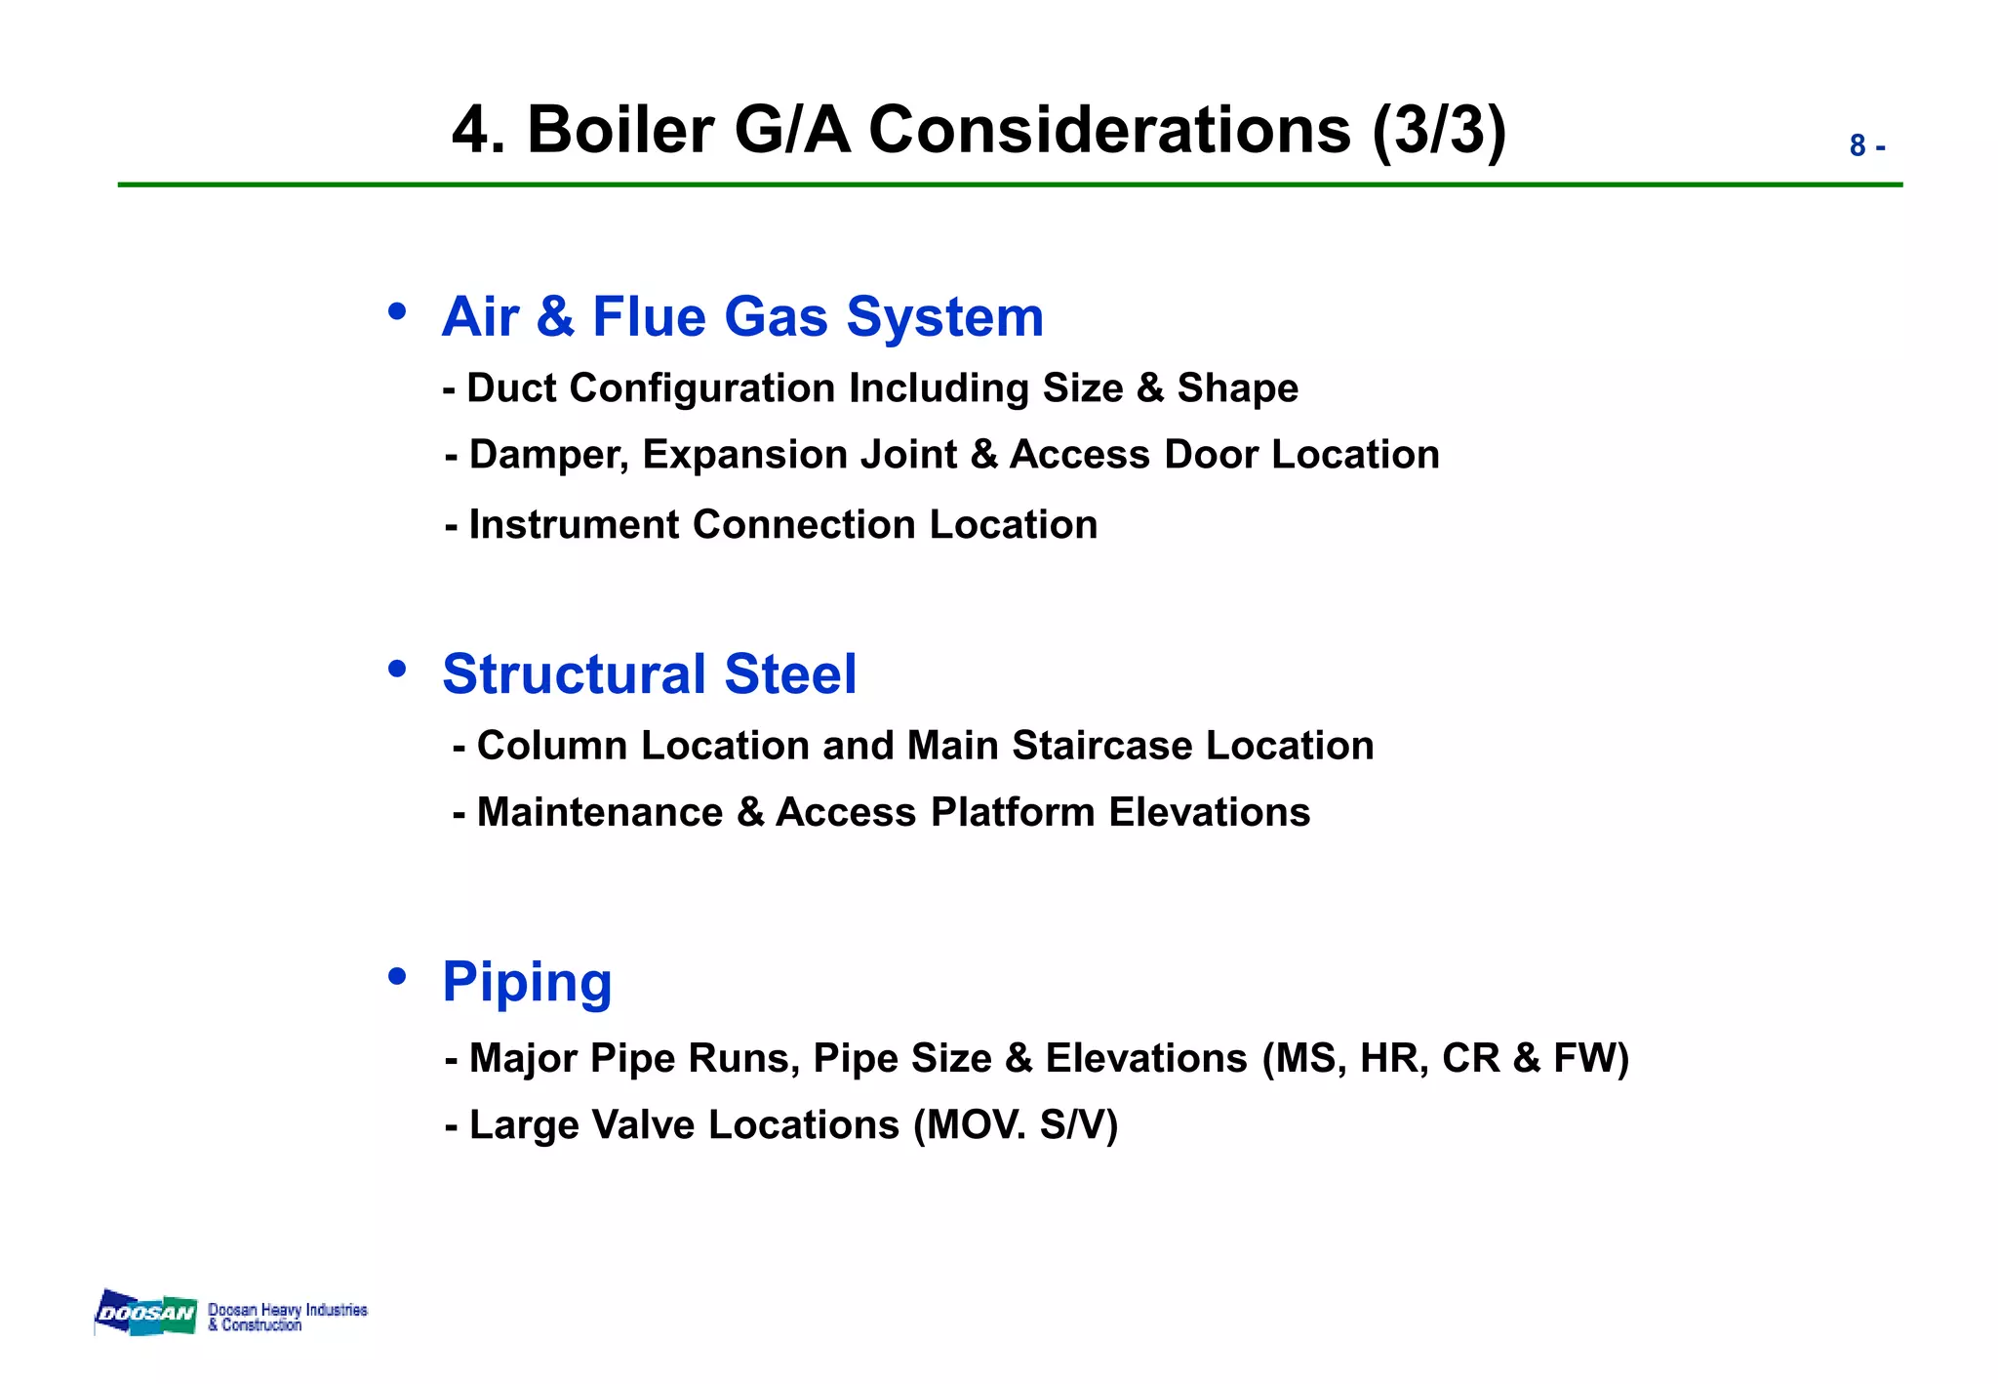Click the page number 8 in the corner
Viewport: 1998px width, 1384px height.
pos(1858,146)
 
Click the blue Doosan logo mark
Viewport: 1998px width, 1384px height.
pos(145,1313)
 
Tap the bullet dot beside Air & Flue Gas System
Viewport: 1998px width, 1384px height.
pos(396,311)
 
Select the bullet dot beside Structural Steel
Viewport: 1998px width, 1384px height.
pos(396,669)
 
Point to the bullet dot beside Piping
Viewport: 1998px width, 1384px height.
pos(396,976)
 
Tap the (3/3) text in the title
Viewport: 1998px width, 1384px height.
pos(1439,130)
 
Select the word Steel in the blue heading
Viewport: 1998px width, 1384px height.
pos(790,674)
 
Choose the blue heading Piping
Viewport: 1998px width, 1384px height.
pos(527,982)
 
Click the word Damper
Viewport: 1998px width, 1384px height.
pos(548,455)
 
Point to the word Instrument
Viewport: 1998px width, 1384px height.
pos(575,525)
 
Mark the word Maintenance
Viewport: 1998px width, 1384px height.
pos(600,812)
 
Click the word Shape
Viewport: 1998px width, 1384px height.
pos(1237,388)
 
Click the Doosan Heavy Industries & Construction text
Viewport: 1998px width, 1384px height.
pos(287,1317)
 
